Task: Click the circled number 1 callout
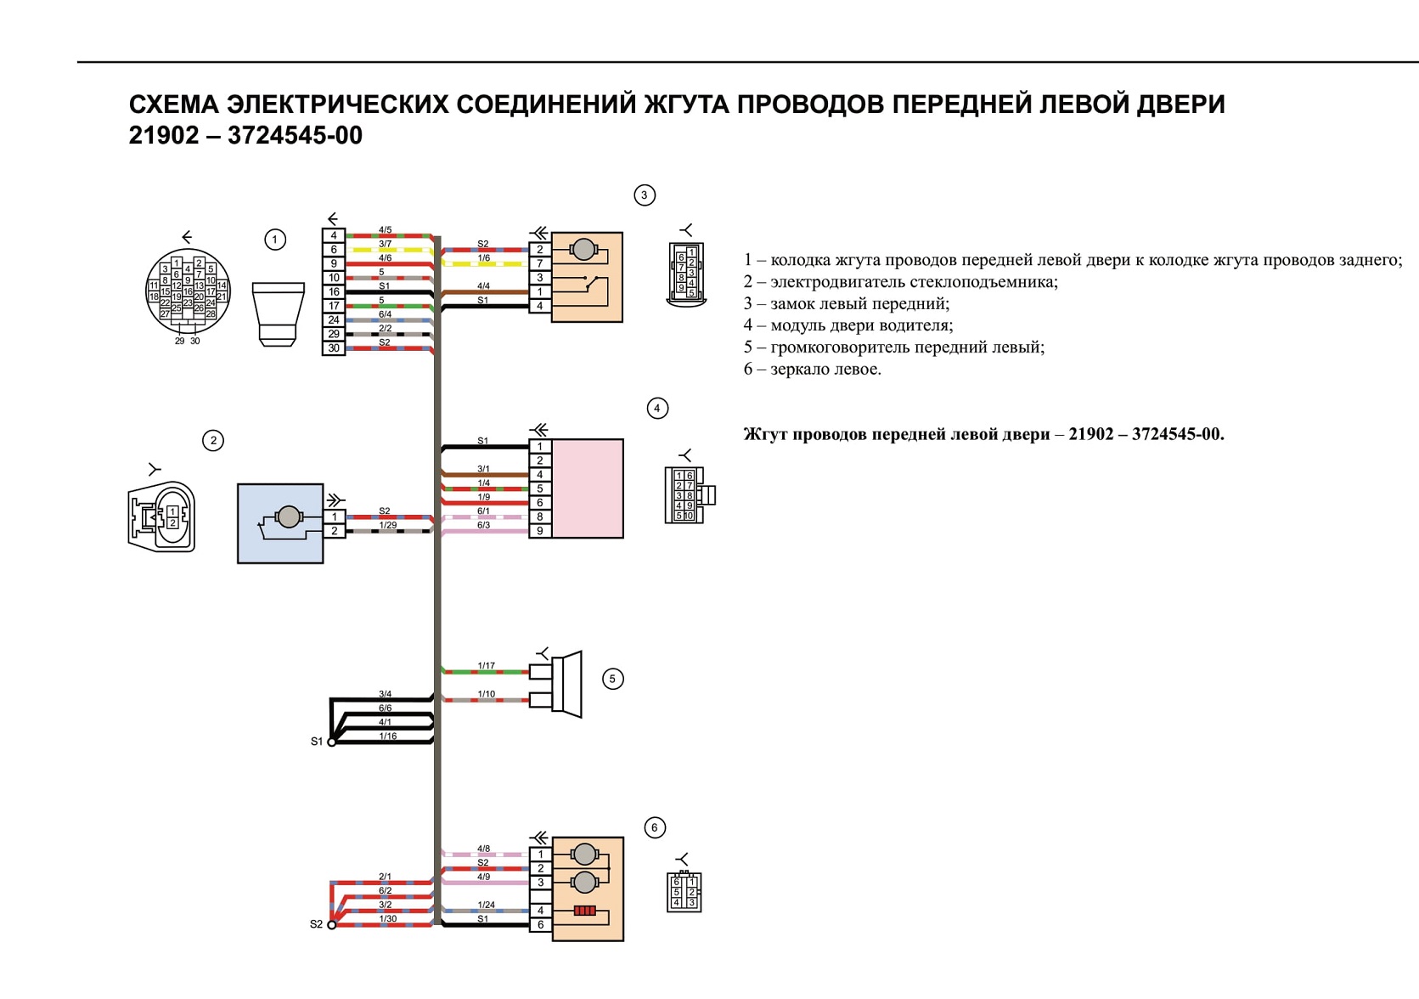coord(275,240)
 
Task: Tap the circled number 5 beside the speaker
coord(612,679)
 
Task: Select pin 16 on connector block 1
coord(334,292)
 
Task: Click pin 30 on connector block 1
coord(334,348)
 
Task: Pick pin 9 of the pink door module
coord(540,531)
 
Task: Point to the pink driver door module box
coord(588,488)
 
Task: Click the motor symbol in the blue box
coord(289,517)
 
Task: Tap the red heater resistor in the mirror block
coord(584,911)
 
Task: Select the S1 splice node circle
coord(331,742)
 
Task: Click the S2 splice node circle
coord(331,925)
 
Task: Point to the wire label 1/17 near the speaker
coord(486,666)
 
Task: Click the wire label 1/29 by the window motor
coord(388,525)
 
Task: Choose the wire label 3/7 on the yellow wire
coord(386,244)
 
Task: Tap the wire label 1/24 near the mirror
coord(486,905)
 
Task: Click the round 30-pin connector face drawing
coord(188,291)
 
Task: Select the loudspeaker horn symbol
coord(567,684)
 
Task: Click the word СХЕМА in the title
coord(174,104)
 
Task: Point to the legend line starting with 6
coord(812,369)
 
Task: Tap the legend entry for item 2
coord(901,282)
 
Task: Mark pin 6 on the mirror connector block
coord(540,925)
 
